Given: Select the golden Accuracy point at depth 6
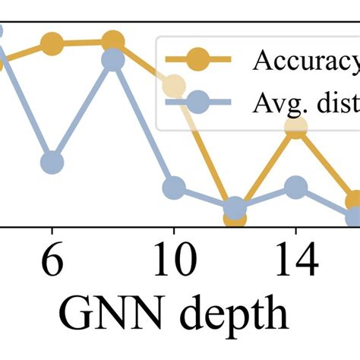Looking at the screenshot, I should coord(52,44).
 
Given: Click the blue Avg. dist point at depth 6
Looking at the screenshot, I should coord(52,163).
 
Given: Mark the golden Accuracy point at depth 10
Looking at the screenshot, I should coord(174,86).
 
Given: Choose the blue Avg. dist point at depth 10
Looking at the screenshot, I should coord(174,187).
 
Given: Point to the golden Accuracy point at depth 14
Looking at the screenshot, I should coord(295,128).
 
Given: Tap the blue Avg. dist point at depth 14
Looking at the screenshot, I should coord(295,187).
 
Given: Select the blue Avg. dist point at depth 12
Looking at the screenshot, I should coord(235,207).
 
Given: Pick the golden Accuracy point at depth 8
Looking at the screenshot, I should coord(112,42).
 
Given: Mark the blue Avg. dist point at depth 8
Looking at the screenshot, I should coord(112,60).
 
